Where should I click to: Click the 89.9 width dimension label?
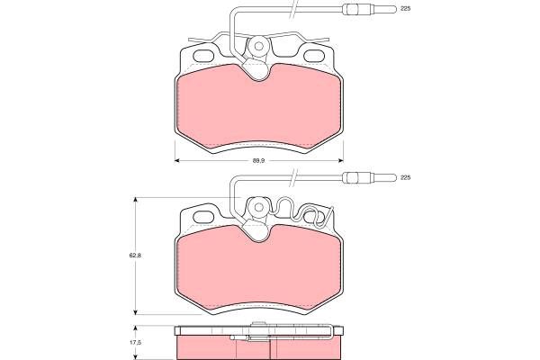point(258,160)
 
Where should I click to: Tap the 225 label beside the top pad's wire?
point(406,9)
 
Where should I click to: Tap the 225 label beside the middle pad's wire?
point(406,178)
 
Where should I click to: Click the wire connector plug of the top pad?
point(370,9)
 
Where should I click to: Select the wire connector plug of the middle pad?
point(370,178)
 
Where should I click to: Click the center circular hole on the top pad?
point(258,46)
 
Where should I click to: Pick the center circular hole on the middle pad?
point(258,207)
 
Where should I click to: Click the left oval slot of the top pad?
point(203,56)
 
